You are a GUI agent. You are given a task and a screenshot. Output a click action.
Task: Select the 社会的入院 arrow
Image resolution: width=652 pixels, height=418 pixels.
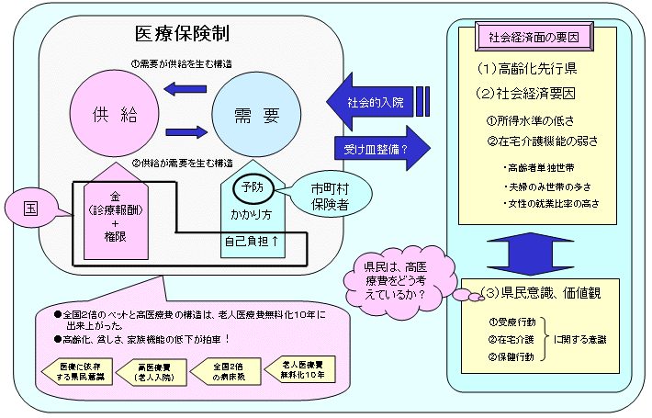tap(367, 100)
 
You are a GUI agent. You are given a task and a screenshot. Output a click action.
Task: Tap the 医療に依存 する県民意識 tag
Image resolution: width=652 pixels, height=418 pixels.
tap(69, 369)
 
